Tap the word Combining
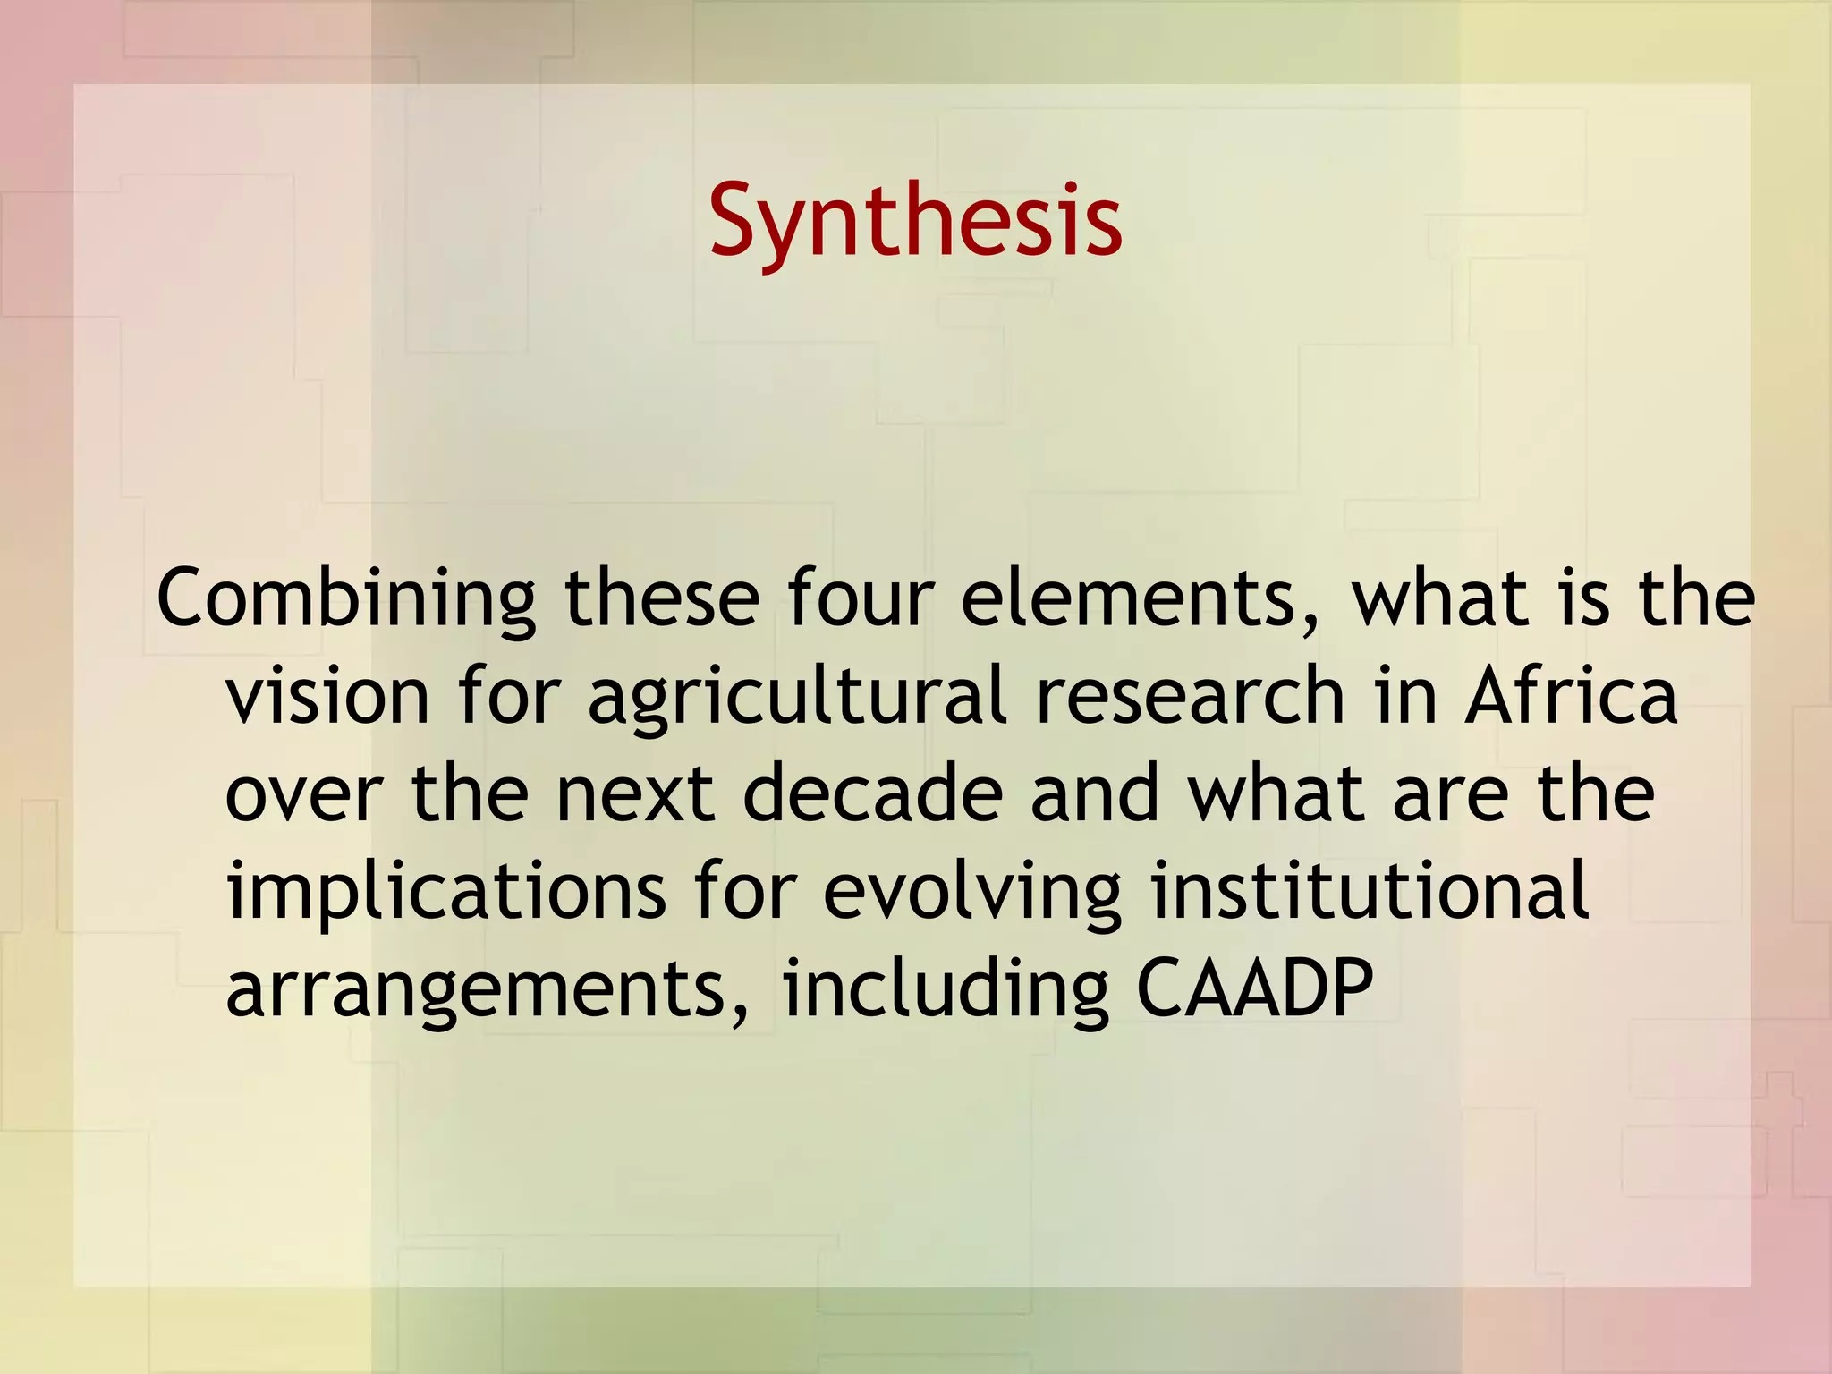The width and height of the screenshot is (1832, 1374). pos(346,599)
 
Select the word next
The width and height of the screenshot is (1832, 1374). pos(635,794)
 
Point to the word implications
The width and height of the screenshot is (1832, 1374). pos(446,893)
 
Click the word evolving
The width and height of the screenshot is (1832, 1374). pos(971,893)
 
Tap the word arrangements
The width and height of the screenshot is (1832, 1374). pos(475,991)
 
